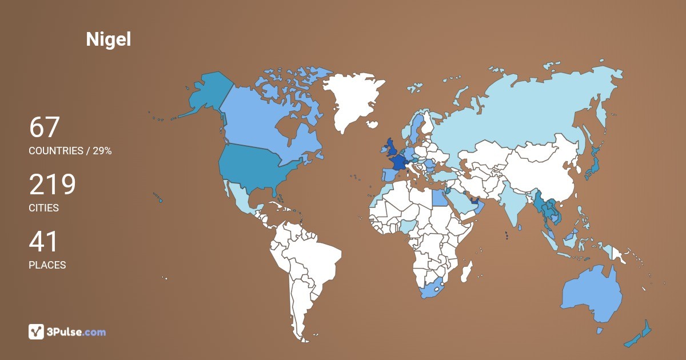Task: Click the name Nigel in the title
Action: pos(108,39)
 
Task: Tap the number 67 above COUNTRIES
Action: pos(44,127)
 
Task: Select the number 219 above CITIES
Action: pos(52,184)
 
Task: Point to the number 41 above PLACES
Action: pos(43,241)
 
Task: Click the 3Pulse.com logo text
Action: pos(76,332)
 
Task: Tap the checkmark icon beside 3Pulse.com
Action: pos(36,331)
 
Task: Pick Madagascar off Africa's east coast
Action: pos(466,270)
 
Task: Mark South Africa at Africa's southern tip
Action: pos(433,289)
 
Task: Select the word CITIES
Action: pos(43,208)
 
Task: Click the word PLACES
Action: pos(47,265)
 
